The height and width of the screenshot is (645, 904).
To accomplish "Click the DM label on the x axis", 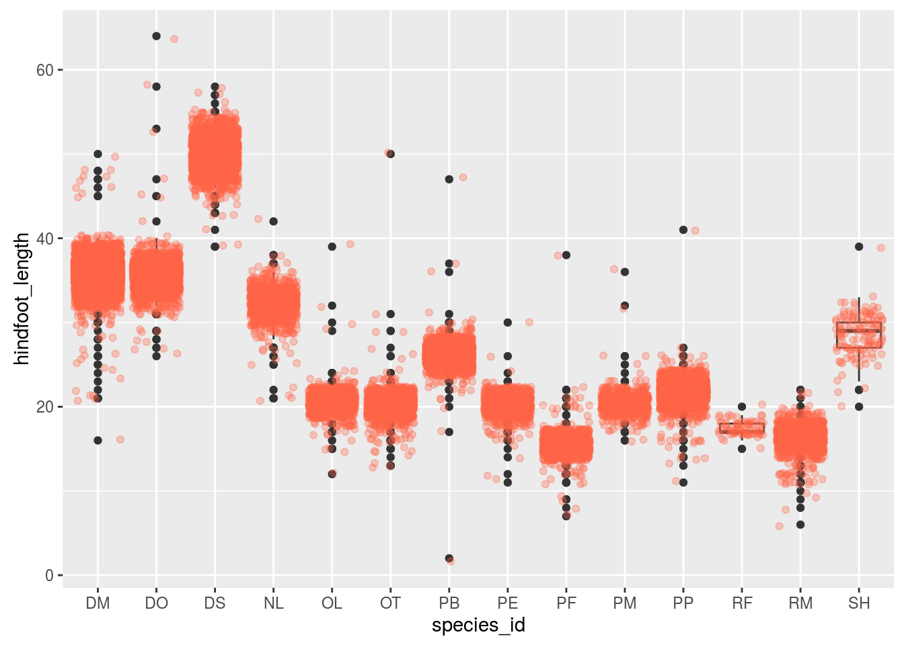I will [98, 603].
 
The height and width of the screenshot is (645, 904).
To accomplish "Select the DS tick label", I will [215, 603].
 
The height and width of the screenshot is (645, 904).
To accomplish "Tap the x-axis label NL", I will [273, 603].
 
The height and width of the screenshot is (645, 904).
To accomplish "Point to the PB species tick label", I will [449, 603].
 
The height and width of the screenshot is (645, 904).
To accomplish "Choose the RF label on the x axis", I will [742, 603].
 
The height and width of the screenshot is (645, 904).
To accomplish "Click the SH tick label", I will [859, 603].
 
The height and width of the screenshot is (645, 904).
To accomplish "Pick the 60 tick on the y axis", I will [45, 70].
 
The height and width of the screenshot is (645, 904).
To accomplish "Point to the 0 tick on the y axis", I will [50, 575].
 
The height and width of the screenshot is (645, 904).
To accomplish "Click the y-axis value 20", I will [45, 407].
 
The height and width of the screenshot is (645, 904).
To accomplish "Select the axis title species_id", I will [478, 626].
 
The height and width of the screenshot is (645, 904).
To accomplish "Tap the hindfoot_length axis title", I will [22, 299].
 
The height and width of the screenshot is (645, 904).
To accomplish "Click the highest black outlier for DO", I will [156, 36].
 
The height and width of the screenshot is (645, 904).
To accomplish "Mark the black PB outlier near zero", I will [449, 558].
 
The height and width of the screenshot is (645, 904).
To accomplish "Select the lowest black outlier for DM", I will [98, 440].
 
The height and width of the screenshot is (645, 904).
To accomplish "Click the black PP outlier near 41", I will [683, 230].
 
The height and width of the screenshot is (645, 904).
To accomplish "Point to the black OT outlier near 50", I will [390, 154].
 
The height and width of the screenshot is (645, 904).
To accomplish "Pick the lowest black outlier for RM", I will [800, 525].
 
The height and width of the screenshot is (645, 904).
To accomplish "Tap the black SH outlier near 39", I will [859, 247].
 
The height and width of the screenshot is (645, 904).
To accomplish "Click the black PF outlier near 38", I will [566, 255].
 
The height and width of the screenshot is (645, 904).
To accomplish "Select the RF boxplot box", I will [742, 428].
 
